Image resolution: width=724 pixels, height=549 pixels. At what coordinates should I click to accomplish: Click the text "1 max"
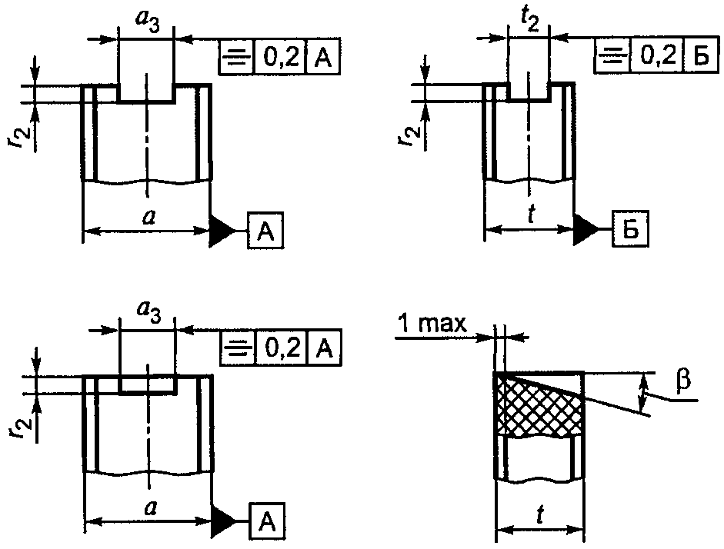point(432,324)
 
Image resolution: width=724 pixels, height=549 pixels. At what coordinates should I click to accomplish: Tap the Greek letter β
point(683,381)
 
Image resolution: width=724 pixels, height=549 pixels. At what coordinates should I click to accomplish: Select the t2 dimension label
point(532,21)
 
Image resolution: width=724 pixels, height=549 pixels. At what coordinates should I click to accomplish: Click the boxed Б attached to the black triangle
point(630,228)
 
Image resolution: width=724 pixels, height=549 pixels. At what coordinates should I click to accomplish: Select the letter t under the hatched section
point(540,515)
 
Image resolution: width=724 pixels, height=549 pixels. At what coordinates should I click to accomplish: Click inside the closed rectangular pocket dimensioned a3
point(147,384)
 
